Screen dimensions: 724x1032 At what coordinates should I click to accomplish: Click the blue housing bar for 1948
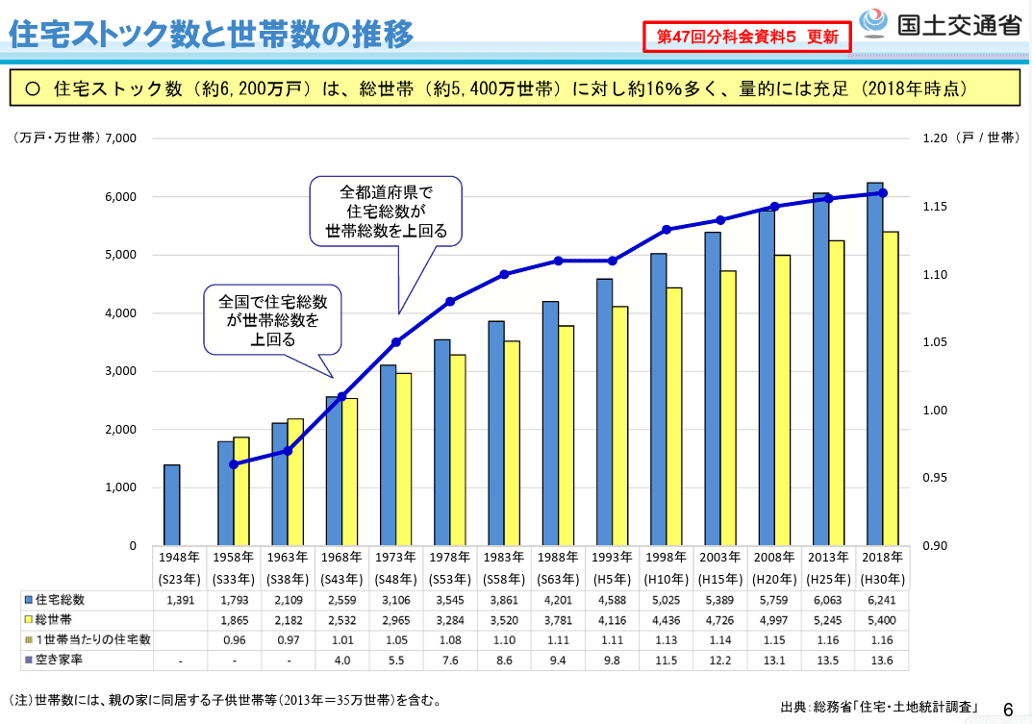coord(171,505)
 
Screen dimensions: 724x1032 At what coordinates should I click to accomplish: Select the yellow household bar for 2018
coord(891,388)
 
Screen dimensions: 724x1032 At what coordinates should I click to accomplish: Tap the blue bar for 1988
coord(550,423)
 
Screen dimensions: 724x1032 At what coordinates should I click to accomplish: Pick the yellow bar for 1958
coord(241,491)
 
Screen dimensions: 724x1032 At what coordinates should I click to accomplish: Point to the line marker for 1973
coord(395,342)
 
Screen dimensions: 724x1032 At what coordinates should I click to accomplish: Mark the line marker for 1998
coord(667,229)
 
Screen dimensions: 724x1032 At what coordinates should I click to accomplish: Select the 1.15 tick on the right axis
coord(935,207)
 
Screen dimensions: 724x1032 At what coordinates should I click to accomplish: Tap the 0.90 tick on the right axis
coord(935,546)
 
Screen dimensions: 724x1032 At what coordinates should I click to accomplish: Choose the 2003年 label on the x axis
coord(720,557)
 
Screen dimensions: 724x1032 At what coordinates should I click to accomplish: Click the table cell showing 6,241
coord(883,599)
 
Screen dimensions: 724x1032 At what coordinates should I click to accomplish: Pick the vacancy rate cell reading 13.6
coord(883,661)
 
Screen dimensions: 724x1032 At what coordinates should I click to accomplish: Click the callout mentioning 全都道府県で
coord(386,210)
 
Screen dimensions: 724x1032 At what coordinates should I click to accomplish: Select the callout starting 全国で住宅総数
coord(273,318)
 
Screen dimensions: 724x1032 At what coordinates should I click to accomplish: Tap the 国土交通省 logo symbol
coord(873,23)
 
